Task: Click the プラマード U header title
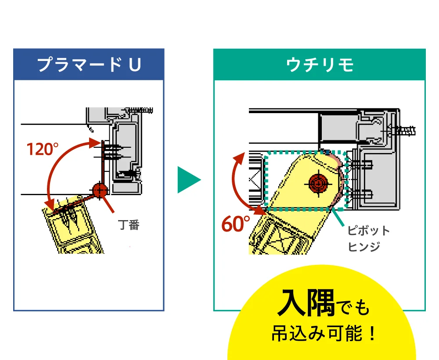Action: coord(89,65)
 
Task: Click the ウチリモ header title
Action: coord(320,65)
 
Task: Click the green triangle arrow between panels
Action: coord(188,179)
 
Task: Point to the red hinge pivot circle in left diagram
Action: coord(100,190)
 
